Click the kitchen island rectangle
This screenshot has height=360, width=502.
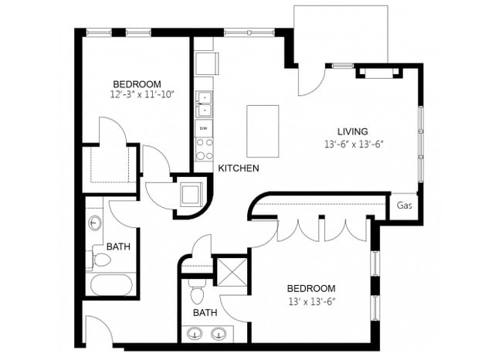[x=263, y=131]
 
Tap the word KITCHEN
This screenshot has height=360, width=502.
[x=238, y=168]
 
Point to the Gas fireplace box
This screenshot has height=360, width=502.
[x=403, y=205]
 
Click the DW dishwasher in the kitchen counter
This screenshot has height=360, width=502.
[x=204, y=127]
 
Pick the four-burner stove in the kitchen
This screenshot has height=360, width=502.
[x=204, y=148]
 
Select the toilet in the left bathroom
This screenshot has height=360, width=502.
[x=100, y=257]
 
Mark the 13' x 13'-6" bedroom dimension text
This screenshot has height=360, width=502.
[x=312, y=301]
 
